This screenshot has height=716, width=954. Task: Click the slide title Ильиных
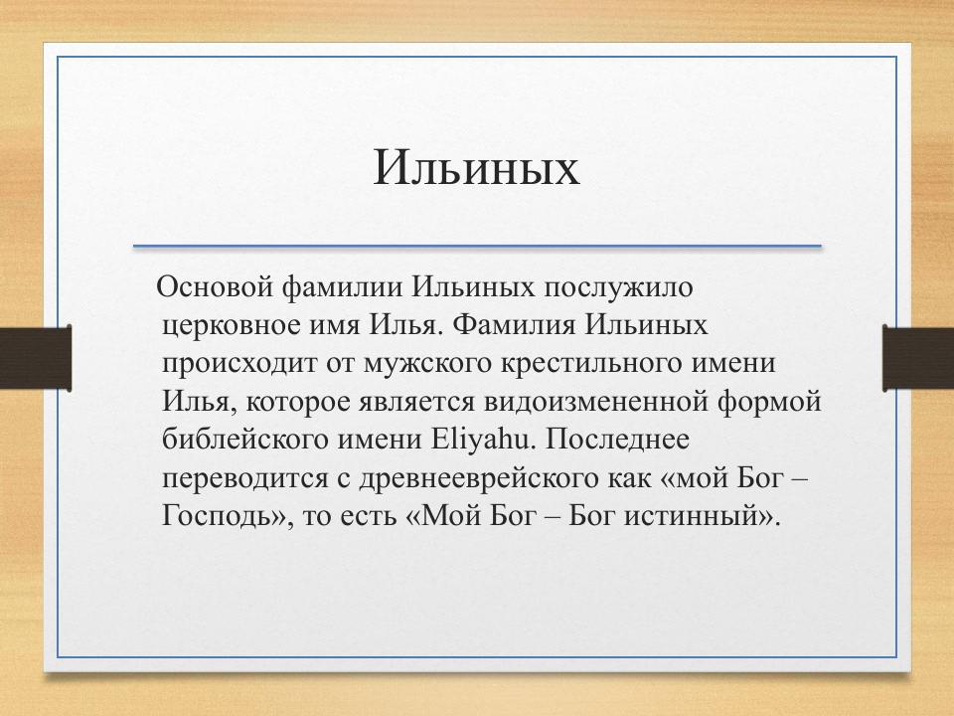click(477, 168)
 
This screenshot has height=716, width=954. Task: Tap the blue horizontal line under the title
click(477, 246)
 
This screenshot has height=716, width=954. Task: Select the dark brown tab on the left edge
click(35, 360)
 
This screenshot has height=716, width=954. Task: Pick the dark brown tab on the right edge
click(918, 360)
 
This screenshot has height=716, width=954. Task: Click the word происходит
click(236, 363)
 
